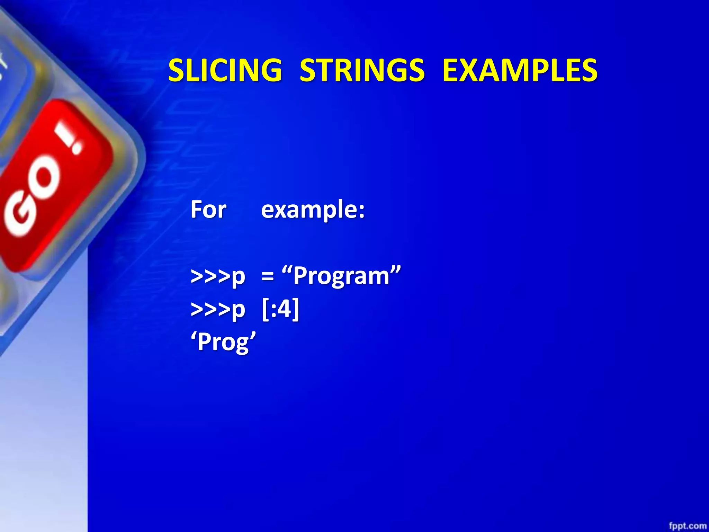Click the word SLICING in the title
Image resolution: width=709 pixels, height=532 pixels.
coord(225,70)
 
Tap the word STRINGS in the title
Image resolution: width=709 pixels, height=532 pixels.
coord(362,70)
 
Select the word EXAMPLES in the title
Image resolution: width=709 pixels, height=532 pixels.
coord(520,70)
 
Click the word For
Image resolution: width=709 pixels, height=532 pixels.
coord(208,210)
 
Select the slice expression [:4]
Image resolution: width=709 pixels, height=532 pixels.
coord(280,309)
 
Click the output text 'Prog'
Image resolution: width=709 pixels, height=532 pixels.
coord(223,342)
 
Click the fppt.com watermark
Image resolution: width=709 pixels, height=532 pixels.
coord(687,526)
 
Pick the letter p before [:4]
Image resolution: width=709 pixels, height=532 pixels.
coord(238,310)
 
